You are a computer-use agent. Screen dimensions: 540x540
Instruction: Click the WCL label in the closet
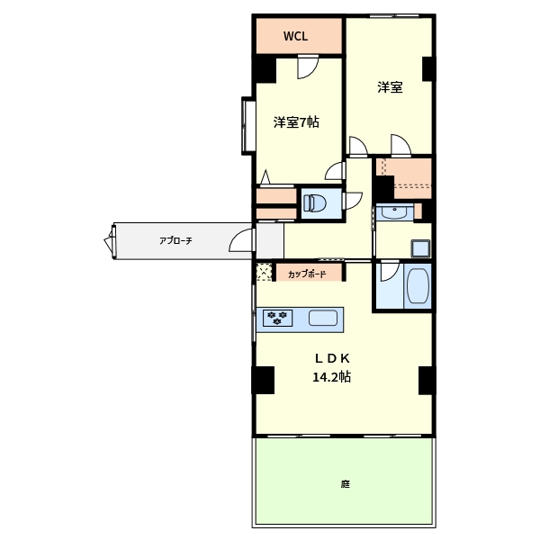pos(296,37)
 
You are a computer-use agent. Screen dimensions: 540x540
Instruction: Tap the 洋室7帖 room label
pos(295,122)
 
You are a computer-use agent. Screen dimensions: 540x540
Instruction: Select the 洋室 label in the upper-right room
pos(389,87)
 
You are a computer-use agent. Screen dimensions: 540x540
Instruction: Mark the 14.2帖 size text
pos(330,377)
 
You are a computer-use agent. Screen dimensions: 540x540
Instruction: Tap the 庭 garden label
pos(345,484)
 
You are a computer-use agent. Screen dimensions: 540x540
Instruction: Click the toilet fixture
pos(316,202)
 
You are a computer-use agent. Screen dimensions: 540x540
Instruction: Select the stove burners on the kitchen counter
pos(276,317)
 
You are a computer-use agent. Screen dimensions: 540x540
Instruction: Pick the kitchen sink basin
pos(323,317)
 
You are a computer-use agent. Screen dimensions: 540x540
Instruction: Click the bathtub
pos(418,287)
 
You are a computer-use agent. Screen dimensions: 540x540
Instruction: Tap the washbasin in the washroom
pos(392,212)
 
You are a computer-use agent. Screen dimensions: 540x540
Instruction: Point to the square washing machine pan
pos(421,247)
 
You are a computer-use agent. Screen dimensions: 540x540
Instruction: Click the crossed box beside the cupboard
pos(264,272)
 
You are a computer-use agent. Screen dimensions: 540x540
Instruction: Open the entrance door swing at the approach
pos(241,240)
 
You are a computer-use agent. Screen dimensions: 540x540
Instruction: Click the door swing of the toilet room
pos(353,200)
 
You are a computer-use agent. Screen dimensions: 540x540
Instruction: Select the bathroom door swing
pos(389,273)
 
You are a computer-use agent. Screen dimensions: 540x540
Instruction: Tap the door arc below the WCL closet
pos(308,66)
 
